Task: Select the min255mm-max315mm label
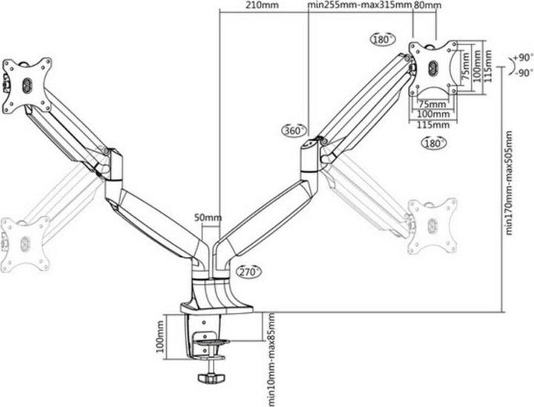(x=360, y=5)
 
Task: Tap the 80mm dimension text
(x=428, y=5)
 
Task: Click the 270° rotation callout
(x=249, y=271)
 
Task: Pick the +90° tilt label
(x=523, y=58)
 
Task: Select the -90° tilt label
(x=524, y=73)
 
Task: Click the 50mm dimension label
(x=208, y=217)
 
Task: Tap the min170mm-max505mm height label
(x=509, y=182)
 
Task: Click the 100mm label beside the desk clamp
(x=160, y=337)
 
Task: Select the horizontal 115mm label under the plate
(x=433, y=125)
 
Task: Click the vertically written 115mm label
(x=488, y=66)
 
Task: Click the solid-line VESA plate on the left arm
(x=27, y=85)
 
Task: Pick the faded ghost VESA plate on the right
(x=432, y=225)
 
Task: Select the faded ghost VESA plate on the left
(x=25, y=243)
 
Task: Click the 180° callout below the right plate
(x=434, y=143)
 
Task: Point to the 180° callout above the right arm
(x=382, y=39)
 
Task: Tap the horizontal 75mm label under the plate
(x=432, y=104)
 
